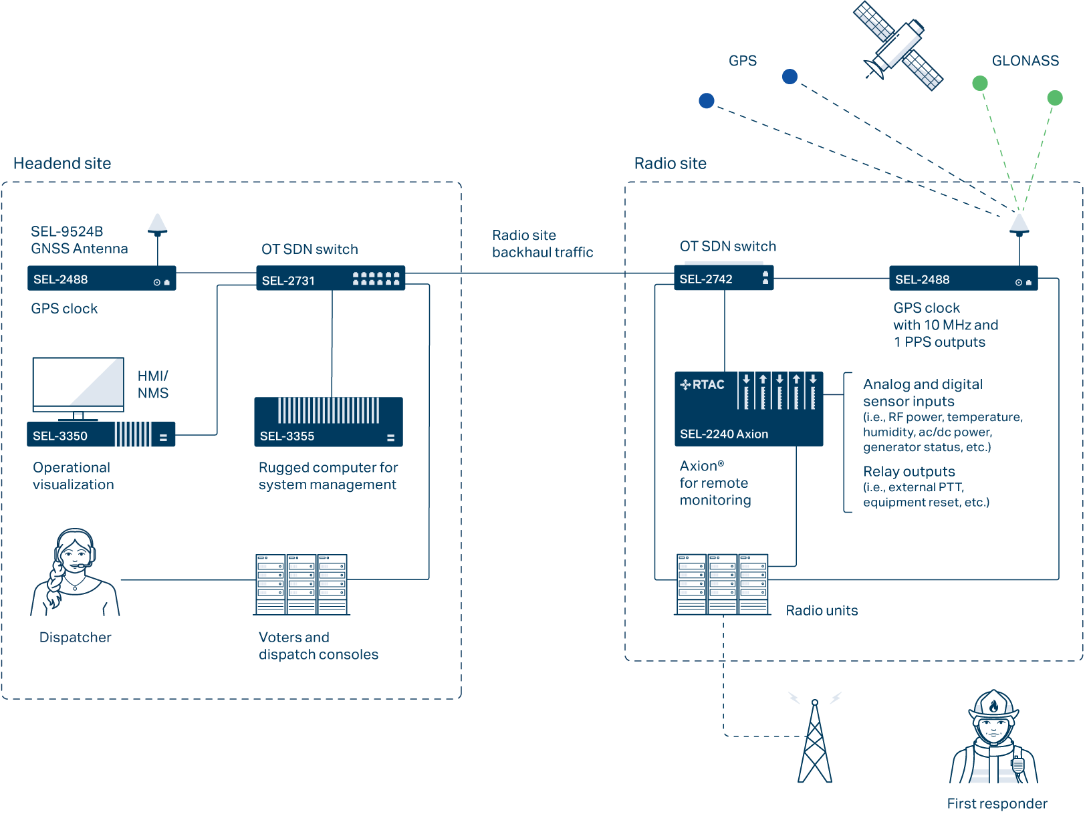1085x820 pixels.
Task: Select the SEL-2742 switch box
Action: click(x=723, y=279)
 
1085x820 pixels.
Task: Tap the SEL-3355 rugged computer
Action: click(x=328, y=422)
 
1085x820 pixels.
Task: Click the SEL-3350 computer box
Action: click(x=101, y=435)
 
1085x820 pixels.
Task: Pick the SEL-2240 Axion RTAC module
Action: click(x=748, y=409)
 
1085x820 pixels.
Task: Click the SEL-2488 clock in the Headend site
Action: click(x=102, y=279)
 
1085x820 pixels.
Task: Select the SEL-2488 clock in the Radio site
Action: click(x=963, y=279)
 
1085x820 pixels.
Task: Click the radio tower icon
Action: click(x=815, y=742)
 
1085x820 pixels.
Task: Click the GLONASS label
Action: click(x=1025, y=61)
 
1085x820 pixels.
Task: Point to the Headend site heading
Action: click(x=62, y=164)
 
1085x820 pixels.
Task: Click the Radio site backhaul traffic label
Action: click(x=542, y=244)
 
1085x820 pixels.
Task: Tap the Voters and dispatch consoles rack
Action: click(x=302, y=585)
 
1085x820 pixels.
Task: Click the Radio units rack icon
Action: click(x=722, y=584)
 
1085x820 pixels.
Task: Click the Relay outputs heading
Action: click(x=909, y=471)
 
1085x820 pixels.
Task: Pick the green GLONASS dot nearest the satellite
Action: click(x=979, y=84)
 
